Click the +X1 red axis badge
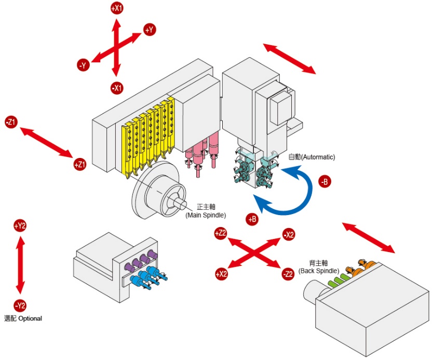click(117, 8)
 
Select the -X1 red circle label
click(117, 88)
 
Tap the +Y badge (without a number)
click(150, 30)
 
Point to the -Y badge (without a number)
click(83, 65)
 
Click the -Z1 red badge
click(11, 122)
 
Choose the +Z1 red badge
click(80, 165)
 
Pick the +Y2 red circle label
click(20, 226)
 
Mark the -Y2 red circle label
click(20, 305)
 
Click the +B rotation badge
click(252, 219)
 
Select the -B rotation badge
click(325, 182)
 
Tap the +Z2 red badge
click(220, 233)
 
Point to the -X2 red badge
click(289, 235)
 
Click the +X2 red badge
click(222, 274)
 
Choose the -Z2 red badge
click(288, 274)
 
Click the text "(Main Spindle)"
click(206, 215)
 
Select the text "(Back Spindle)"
click(319, 271)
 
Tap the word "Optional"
click(30, 318)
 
